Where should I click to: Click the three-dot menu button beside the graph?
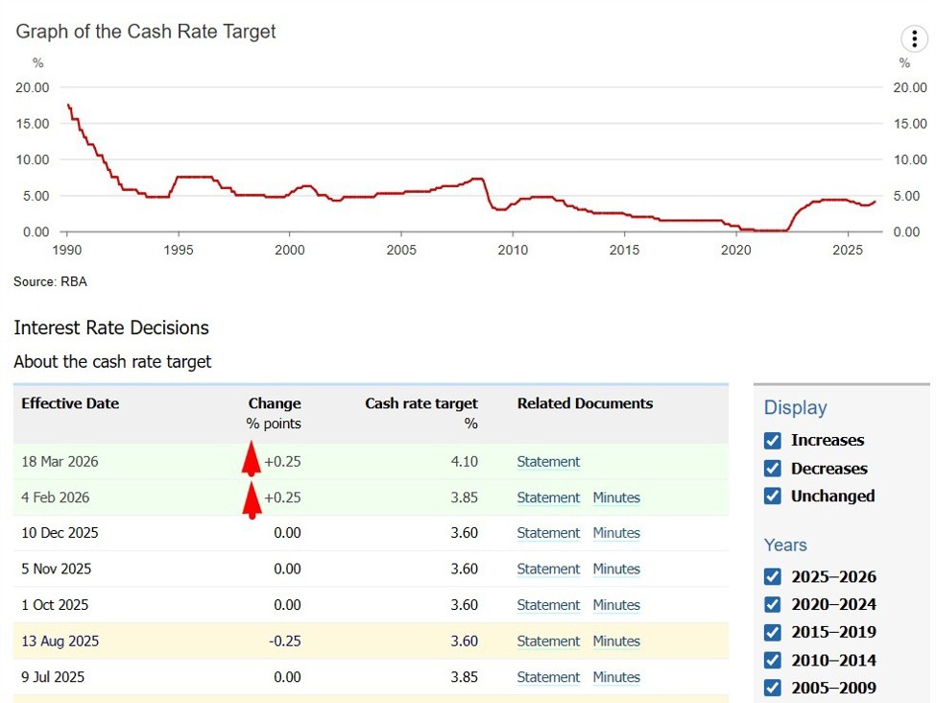pyautogui.click(x=914, y=38)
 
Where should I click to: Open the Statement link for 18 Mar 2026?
pyautogui.click(x=548, y=462)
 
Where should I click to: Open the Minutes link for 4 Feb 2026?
pyautogui.click(x=615, y=497)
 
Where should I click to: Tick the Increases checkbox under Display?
pyautogui.click(x=773, y=441)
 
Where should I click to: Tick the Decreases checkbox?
pyautogui.click(x=773, y=469)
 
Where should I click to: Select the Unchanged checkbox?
pyautogui.click(x=773, y=497)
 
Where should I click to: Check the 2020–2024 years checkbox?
pyautogui.click(x=773, y=605)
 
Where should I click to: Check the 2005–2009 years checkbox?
pyautogui.click(x=773, y=688)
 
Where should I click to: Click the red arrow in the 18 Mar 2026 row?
pyautogui.click(x=251, y=459)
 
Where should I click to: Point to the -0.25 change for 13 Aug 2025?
pyautogui.click(x=284, y=642)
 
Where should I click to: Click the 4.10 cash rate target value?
pyautogui.click(x=464, y=462)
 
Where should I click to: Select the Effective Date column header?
pyautogui.click(x=70, y=404)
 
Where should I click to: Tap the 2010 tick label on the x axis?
pyautogui.click(x=513, y=250)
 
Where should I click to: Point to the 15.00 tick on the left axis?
pyautogui.click(x=33, y=124)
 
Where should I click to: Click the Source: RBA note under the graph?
pyautogui.click(x=50, y=282)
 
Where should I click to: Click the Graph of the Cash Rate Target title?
pyautogui.click(x=146, y=32)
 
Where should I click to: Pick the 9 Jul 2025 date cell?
pyautogui.click(x=53, y=677)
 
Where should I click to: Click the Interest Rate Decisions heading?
pyautogui.click(x=111, y=328)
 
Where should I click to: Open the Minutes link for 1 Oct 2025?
pyautogui.click(x=615, y=605)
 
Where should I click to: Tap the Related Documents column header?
pyautogui.click(x=585, y=404)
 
